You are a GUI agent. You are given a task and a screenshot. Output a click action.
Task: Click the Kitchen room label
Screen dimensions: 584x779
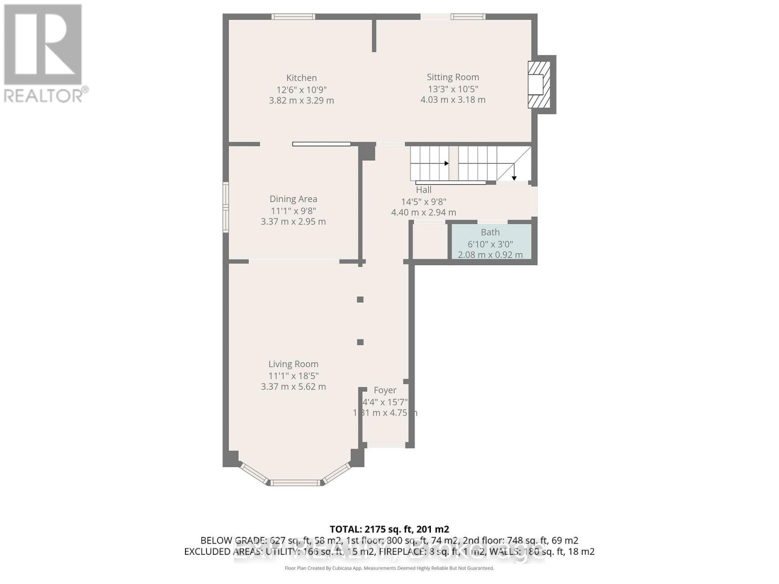click(301, 78)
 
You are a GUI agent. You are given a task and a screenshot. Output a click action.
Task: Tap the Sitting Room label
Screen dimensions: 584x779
click(453, 77)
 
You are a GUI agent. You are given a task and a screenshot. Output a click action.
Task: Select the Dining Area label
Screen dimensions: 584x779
click(293, 199)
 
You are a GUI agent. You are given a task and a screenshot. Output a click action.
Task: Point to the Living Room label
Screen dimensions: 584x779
click(293, 364)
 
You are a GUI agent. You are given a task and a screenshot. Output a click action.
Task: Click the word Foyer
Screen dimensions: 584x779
click(385, 390)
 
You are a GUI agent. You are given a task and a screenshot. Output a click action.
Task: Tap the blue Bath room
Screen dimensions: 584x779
click(490, 242)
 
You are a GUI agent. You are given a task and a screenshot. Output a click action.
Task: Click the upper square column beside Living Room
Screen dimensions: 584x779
click(360, 300)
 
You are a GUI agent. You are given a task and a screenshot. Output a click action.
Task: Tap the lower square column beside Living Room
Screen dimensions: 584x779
click(360, 342)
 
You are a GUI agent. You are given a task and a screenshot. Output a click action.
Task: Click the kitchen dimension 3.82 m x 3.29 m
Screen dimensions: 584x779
click(301, 101)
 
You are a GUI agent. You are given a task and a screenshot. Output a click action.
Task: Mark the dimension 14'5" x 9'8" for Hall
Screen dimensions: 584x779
click(424, 201)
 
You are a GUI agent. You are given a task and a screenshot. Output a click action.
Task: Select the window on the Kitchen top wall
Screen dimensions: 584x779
click(293, 17)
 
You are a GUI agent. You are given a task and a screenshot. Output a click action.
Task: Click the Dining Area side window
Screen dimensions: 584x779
click(226, 207)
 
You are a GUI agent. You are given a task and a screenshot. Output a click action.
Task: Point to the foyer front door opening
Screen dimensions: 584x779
click(386, 444)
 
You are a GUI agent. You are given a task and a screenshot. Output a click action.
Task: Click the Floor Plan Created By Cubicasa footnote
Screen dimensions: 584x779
click(389, 568)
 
